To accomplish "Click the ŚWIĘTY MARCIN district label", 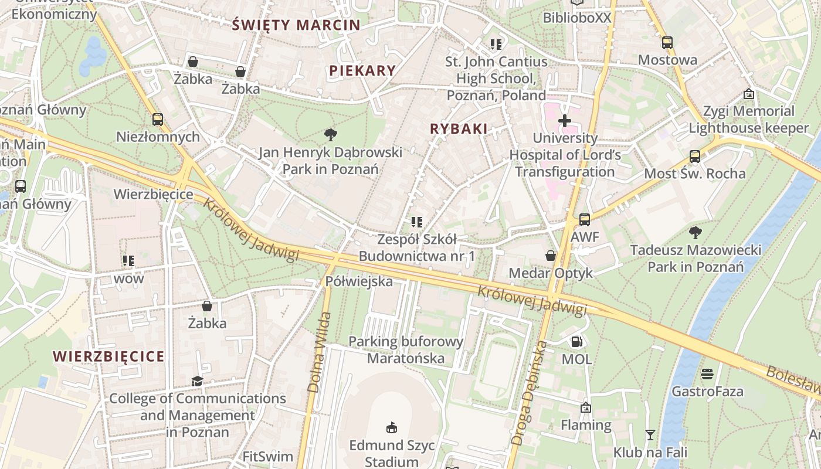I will [x=296, y=25].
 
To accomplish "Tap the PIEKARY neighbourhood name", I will [x=362, y=70].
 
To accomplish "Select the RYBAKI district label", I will [x=459, y=129].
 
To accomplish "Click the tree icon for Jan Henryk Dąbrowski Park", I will [x=331, y=135].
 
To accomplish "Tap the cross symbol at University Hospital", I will [x=565, y=121].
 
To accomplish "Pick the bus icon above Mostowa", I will [x=667, y=42].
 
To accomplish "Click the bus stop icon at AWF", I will [x=585, y=220].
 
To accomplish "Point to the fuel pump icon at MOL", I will [x=576, y=341].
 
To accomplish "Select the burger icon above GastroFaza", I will [x=707, y=373].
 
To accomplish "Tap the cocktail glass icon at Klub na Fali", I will [x=650, y=434].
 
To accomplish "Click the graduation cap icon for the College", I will [x=197, y=381].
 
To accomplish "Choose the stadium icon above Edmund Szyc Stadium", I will [x=392, y=427].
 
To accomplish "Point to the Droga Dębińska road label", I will [x=529, y=384].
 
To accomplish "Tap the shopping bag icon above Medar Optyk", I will [x=551, y=255].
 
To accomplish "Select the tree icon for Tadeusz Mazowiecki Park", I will [x=696, y=232].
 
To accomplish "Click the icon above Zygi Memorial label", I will [x=748, y=94].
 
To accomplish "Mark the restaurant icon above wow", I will [x=128, y=260].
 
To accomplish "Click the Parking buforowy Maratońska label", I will [x=406, y=349].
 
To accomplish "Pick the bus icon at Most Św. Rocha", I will [x=695, y=156].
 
